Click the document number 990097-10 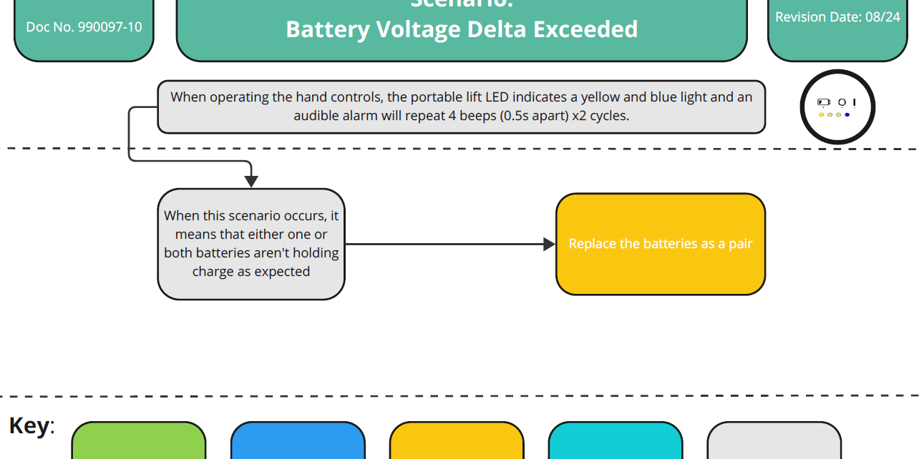pos(84,27)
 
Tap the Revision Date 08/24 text pos(837,17)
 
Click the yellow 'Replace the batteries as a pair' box pos(660,244)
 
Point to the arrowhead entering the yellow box pos(550,245)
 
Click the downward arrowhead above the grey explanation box pos(251,182)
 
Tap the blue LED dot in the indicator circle pos(847,114)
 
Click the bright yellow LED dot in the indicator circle pos(822,114)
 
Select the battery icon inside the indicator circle pos(824,103)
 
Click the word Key pos(29,426)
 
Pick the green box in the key pos(139,442)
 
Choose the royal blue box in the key pos(298,442)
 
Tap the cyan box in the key pos(616,442)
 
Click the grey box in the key pos(774,442)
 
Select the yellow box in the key pos(457,442)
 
